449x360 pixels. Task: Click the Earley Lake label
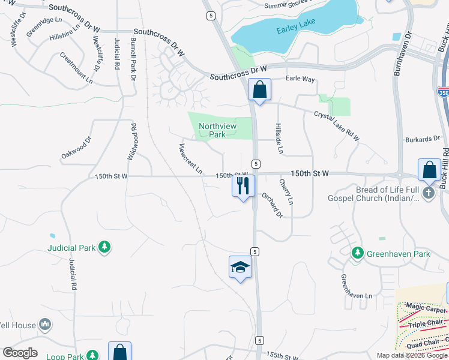pos(291,31)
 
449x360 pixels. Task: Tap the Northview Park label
pos(217,130)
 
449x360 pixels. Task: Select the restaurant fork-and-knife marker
pos(243,185)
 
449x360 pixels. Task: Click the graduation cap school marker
pos(240,267)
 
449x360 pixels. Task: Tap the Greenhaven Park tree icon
pos(358,254)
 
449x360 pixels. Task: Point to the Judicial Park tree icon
pos(104,247)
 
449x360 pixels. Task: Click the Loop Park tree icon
pos(92,356)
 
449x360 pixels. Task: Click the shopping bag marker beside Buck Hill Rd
pos(430,170)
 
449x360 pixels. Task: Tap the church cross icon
pos(429,193)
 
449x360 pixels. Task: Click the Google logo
pos(20,353)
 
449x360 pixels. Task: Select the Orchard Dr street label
pos(271,205)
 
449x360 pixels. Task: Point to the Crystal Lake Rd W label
pos(337,126)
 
